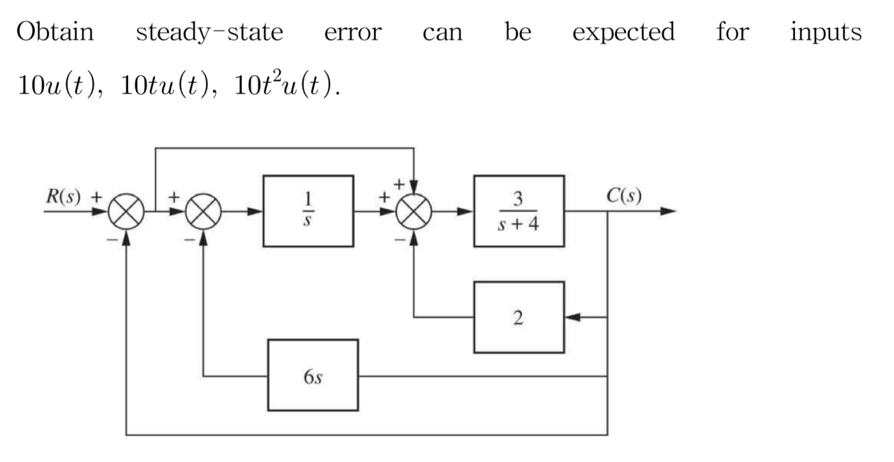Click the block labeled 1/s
tap(308, 211)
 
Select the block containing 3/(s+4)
tap(518, 211)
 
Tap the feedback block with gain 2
tap(518, 317)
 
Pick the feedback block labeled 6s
tap(313, 375)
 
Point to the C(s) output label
tap(623, 195)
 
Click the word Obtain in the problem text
tap(55, 31)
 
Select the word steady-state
tap(209, 32)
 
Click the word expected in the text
tap(623, 32)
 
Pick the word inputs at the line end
tap(826, 32)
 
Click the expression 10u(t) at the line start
tap(57, 86)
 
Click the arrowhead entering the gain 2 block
tap(572, 317)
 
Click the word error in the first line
tap(352, 32)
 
